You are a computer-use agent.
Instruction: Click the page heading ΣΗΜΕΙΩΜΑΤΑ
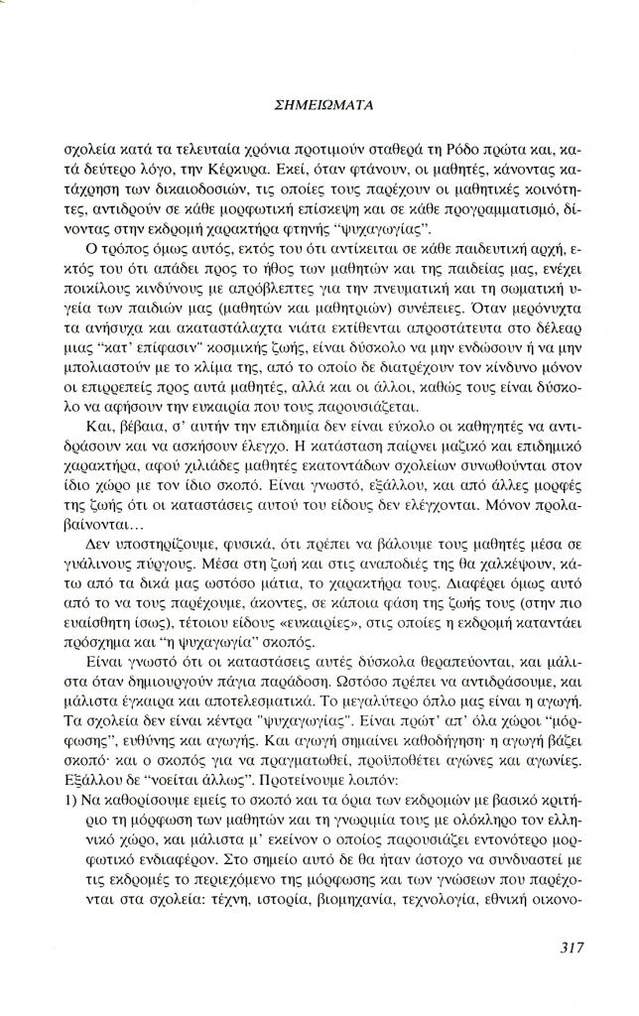click(x=319, y=102)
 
